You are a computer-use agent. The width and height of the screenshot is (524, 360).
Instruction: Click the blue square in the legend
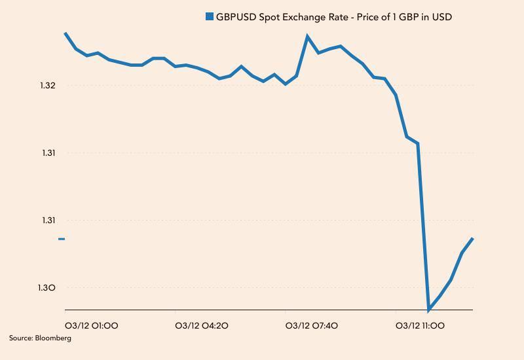tap(210, 16)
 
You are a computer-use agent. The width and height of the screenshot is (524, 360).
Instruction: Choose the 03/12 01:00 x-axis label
tap(92, 325)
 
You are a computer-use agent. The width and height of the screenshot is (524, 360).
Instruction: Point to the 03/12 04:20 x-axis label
tap(202, 325)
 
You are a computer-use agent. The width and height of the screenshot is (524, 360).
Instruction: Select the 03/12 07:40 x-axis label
tap(312, 325)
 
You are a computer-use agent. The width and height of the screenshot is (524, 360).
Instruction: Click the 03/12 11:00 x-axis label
tap(421, 325)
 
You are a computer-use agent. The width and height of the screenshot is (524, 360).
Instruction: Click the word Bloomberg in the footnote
tap(54, 338)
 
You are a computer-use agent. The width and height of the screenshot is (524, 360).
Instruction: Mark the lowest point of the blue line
tap(429, 309)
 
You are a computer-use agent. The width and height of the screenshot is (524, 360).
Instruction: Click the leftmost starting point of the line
tap(65, 33)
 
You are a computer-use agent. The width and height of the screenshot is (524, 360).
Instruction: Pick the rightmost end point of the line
tap(472, 239)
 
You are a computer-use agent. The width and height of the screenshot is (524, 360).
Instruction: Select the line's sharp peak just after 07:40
tap(308, 36)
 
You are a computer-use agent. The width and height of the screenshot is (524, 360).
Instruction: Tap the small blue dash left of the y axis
tap(62, 239)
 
